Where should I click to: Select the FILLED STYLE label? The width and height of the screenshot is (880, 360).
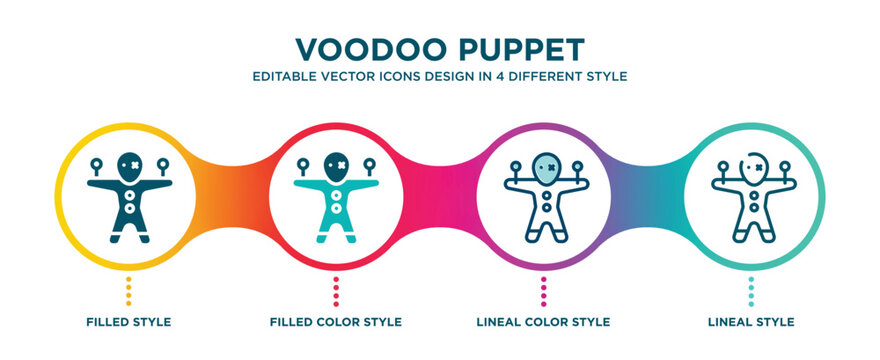click(129, 322)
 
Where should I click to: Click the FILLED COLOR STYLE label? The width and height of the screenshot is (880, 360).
click(337, 322)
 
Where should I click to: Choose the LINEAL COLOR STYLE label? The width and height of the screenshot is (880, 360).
click(543, 322)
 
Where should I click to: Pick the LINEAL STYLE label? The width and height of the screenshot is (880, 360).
click(751, 322)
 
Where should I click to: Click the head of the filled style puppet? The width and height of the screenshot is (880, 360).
click(129, 163)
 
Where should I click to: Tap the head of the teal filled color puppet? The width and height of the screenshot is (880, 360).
click(337, 163)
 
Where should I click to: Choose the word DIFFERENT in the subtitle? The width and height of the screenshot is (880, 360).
click(543, 76)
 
